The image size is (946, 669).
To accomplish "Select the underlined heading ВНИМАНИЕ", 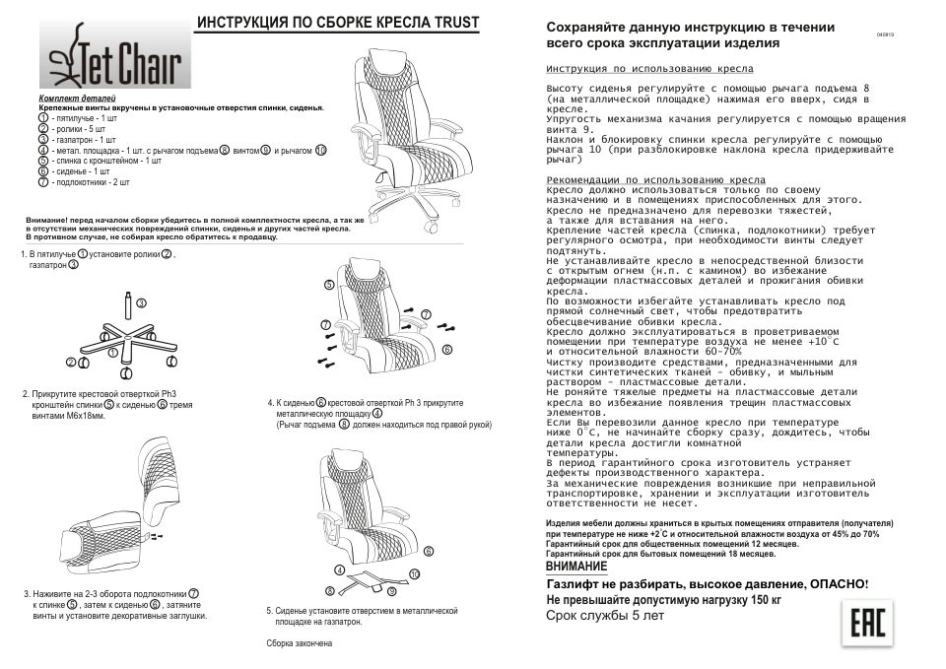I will [x=576, y=567].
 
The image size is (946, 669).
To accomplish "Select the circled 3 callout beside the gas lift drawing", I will [x=141, y=302].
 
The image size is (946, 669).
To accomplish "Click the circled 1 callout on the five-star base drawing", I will [x=83, y=364].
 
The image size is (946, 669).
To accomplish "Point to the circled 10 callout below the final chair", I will [x=414, y=572].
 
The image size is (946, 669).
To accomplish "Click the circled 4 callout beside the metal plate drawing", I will [x=338, y=570].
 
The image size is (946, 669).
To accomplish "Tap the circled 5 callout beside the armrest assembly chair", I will [x=330, y=284].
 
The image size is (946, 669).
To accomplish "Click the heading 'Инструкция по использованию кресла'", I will [x=649, y=71].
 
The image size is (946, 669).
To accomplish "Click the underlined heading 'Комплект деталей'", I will [x=77, y=100].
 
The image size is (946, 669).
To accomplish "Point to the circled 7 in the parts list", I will [x=43, y=182].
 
